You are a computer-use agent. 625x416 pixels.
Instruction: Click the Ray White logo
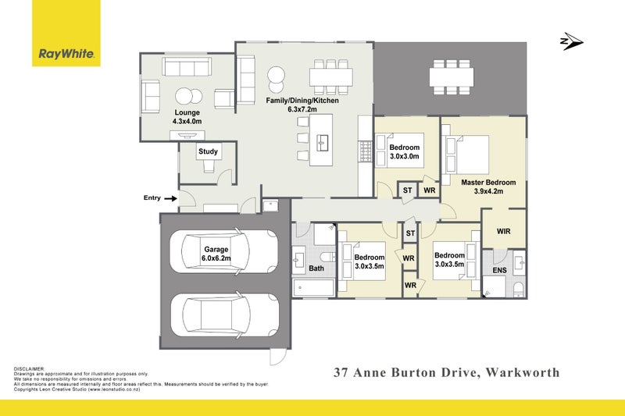click(66, 33)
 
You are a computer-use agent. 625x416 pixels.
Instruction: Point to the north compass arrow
click(572, 41)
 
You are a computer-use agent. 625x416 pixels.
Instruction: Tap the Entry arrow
click(170, 198)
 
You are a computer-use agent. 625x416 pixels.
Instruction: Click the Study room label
click(208, 151)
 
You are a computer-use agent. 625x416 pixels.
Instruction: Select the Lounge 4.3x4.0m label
click(187, 116)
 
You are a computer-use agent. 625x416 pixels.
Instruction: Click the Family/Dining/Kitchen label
click(302, 105)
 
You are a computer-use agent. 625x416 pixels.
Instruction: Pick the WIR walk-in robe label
click(503, 231)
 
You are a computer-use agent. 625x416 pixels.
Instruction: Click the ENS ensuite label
click(499, 270)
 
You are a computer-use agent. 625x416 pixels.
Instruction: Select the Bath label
click(316, 268)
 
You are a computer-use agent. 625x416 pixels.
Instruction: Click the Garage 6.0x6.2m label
click(216, 254)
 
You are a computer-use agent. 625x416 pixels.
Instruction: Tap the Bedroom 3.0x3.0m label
click(404, 151)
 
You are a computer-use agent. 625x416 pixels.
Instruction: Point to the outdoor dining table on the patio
click(452, 76)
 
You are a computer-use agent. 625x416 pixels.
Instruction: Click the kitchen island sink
click(323, 143)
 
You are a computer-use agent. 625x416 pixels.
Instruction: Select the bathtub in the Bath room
click(313, 287)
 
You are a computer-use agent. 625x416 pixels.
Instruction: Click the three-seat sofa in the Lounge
click(187, 67)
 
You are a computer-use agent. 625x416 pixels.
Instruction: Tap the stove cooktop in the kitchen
click(365, 151)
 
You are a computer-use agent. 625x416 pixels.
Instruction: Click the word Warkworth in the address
click(523, 372)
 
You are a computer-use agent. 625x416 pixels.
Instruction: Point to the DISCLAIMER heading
click(30, 369)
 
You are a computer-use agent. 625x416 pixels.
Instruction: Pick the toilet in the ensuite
click(519, 290)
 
